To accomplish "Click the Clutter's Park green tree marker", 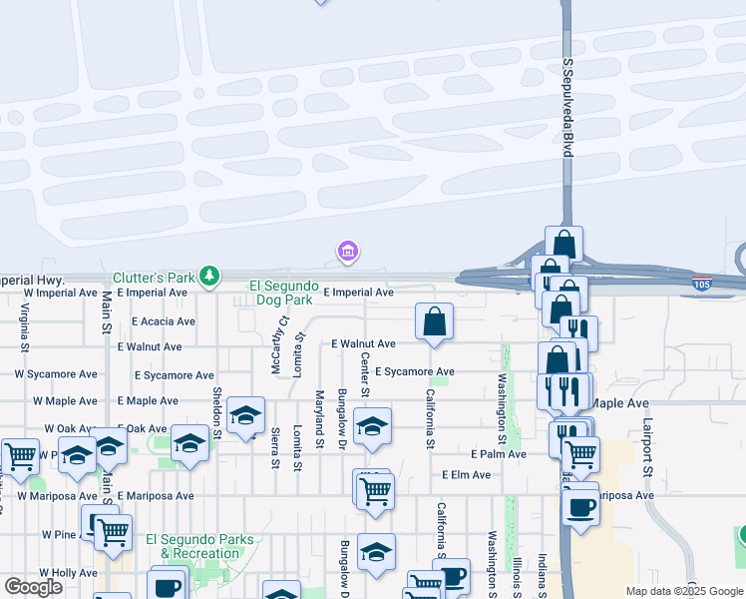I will (209, 276).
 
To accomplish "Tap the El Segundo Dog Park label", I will (282, 292).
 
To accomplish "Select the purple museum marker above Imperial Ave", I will (348, 252).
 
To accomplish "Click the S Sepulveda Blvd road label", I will (567, 106).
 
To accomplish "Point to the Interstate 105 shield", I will (702, 285).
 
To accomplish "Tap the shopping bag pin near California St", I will (434, 322).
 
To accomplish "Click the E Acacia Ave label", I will (157, 321).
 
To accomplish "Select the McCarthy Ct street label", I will (283, 344).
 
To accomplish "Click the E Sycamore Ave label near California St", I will (414, 371).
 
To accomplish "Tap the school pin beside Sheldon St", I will (244, 416).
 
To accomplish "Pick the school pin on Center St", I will (372, 426).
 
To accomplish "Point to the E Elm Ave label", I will (467, 475).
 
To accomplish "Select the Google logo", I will (33, 587).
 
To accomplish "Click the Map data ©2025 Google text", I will (683, 591).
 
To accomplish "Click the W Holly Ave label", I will (69, 573).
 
